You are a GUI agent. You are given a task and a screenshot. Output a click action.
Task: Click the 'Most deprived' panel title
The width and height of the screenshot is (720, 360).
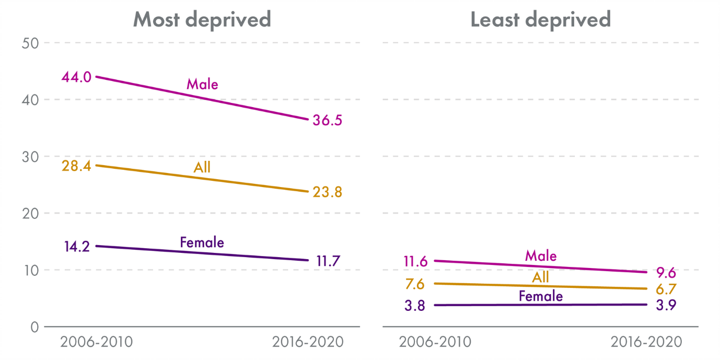pyautogui.click(x=202, y=19)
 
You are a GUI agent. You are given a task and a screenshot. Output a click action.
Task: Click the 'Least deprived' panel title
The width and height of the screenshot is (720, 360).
pyautogui.click(x=540, y=19)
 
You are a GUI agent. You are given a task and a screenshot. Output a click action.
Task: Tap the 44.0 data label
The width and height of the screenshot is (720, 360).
pyautogui.click(x=76, y=77)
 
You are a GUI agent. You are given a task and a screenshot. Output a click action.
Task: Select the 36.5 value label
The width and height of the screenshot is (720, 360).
pyautogui.click(x=327, y=120)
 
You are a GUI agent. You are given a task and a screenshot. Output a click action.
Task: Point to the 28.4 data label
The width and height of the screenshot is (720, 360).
pyautogui.click(x=76, y=166)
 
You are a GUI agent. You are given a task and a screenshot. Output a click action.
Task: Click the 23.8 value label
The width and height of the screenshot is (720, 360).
pyautogui.click(x=327, y=192)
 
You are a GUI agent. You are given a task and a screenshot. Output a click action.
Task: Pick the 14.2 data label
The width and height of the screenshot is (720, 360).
pyautogui.click(x=76, y=246)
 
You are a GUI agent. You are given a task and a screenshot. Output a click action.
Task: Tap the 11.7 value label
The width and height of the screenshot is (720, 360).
pyautogui.click(x=328, y=260)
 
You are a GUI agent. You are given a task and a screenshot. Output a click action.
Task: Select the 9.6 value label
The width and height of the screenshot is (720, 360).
pyautogui.click(x=666, y=272)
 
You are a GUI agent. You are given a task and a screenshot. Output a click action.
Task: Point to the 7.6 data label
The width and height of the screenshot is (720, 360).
pyautogui.click(x=414, y=284)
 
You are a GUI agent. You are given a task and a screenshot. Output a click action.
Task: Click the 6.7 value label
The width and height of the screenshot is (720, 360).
pyautogui.click(x=666, y=289)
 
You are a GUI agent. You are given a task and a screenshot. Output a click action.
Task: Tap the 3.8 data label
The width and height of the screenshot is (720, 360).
pyautogui.click(x=414, y=306)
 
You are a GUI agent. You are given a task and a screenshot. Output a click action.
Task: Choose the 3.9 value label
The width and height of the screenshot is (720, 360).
pyautogui.click(x=666, y=305)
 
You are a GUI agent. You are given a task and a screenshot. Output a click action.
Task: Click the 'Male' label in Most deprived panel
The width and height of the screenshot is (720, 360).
pyautogui.click(x=202, y=84)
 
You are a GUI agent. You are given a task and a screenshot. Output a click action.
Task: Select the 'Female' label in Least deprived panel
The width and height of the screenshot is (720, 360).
pyautogui.click(x=541, y=297)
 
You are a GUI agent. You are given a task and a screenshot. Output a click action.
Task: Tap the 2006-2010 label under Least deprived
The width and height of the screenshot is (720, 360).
pyautogui.click(x=435, y=342)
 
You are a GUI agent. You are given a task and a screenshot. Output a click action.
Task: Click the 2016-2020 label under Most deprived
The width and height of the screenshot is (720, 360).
pyautogui.click(x=308, y=342)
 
